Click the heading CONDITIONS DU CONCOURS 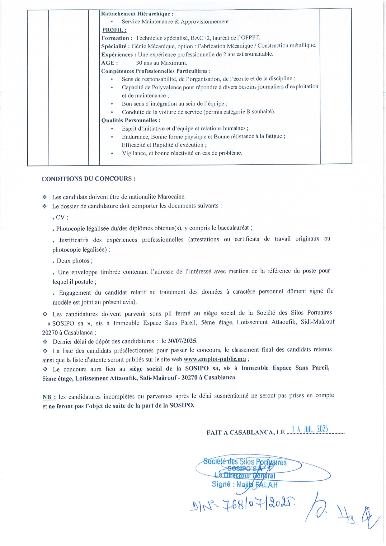click(x=88, y=179)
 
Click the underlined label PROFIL click(x=114, y=30)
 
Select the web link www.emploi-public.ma click(x=214, y=359)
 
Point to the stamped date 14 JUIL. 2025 click(x=310, y=429)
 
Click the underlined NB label click(x=49, y=397)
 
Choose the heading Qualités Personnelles click(x=131, y=120)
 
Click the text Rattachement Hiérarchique click(x=137, y=14)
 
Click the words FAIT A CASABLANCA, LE click(x=246, y=432)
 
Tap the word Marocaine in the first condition click(x=172, y=197)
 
